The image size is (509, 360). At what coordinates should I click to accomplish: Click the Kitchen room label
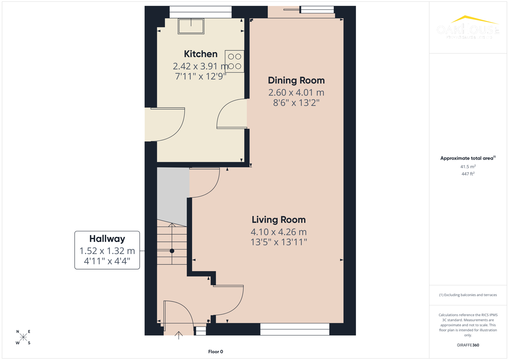point(200,54)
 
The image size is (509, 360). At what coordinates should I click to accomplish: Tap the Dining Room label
point(296,80)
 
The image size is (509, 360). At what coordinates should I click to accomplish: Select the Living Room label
point(278,220)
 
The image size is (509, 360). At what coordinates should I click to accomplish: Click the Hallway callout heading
point(107,239)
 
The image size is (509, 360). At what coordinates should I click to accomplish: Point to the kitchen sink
point(191,26)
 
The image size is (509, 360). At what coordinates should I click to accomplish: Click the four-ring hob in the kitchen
point(234,61)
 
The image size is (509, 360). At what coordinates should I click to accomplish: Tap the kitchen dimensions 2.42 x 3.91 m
point(200,66)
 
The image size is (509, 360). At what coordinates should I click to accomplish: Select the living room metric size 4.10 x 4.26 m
point(278,232)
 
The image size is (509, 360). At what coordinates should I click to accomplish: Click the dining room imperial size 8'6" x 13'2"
point(296,103)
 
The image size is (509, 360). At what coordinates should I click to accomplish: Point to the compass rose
point(23,337)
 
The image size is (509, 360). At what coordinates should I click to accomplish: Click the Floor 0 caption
point(215,352)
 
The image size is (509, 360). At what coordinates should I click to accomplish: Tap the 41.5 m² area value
point(468,167)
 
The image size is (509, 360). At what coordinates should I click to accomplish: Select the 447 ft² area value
point(468,174)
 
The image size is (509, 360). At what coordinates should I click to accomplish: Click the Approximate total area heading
point(467,158)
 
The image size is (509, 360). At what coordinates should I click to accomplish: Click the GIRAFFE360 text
point(468,345)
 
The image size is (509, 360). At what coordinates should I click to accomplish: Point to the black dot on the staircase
point(172,251)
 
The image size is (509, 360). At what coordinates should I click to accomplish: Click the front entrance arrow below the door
point(179,335)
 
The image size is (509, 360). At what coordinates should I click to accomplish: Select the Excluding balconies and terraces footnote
point(468,295)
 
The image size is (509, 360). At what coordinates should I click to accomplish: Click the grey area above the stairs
point(172,195)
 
